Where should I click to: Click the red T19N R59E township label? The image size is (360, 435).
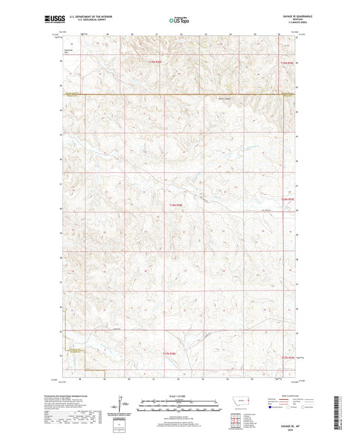288,63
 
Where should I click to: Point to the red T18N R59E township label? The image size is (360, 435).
288,199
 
